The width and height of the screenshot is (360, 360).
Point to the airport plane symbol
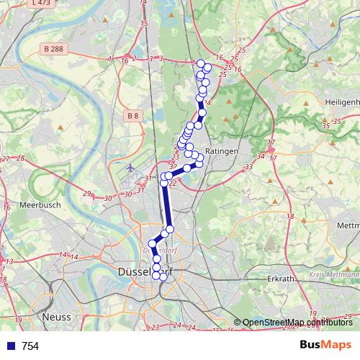click(130, 167)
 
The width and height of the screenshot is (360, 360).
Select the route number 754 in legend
click(30, 346)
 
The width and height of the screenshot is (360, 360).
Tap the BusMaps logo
click(326, 346)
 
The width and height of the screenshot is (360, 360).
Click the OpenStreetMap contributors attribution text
click(297, 322)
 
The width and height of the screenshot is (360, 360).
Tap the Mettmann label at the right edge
click(347, 225)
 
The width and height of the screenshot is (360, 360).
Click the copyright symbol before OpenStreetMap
click(238, 322)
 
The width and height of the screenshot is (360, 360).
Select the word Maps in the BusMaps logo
click(338, 346)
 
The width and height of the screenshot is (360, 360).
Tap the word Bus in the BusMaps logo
click(310, 346)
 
